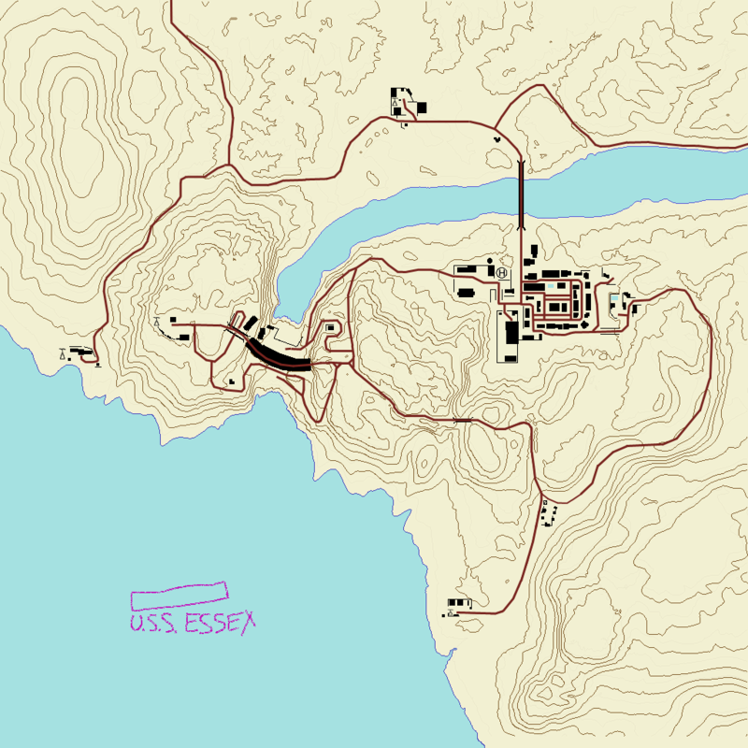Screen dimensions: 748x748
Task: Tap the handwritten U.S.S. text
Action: pyautogui.click(x=155, y=625)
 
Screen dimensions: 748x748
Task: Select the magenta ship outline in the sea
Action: pyautogui.click(x=180, y=592)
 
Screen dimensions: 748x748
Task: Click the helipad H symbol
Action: pyautogui.click(x=502, y=273)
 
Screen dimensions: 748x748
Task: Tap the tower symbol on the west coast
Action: pyautogui.click(x=63, y=353)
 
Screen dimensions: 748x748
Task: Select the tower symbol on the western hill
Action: pyautogui.click(x=157, y=323)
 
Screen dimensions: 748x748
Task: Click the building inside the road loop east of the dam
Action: pyautogui.click(x=329, y=328)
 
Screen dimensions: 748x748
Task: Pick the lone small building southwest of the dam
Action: pyautogui.click(x=230, y=381)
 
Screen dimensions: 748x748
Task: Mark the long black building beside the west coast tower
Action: pyautogui.click(x=81, y=352)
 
